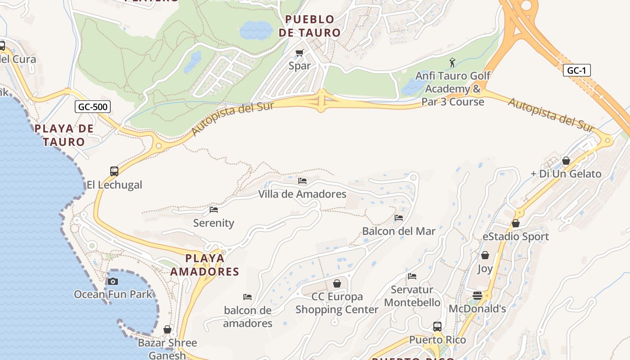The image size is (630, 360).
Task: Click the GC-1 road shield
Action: coord(576,70)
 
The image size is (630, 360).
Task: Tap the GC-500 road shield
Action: coord(92,107)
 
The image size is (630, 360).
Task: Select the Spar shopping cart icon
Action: coord(300,53)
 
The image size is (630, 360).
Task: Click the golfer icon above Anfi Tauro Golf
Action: coord(453,63)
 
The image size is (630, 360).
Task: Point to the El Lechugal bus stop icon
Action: coord(114,171)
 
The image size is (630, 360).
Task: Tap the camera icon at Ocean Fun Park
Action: coord(113,282)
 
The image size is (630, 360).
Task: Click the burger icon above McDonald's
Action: coord(477,296)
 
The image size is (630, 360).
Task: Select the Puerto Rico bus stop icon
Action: coord(437,327)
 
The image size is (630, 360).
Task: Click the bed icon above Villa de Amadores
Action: coord(302,181)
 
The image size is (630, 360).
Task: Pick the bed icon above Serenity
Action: coord(214,210)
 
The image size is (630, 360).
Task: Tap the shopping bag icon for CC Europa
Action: coord(337,283)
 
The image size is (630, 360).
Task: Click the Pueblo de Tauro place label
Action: coord(310,26)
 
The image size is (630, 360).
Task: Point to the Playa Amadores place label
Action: coord(205,265)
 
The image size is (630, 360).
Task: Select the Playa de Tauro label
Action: coord(64,135)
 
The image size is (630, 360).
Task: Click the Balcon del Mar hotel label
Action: coord(399,231)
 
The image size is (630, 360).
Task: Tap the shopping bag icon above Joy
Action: coord(485,256)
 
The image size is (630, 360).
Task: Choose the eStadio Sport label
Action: coord(516,237)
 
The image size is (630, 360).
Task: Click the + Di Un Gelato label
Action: coord(566,174)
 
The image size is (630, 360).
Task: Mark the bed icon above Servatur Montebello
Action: coord(412,276)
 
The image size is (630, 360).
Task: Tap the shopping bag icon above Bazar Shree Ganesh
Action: coord(167,330)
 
